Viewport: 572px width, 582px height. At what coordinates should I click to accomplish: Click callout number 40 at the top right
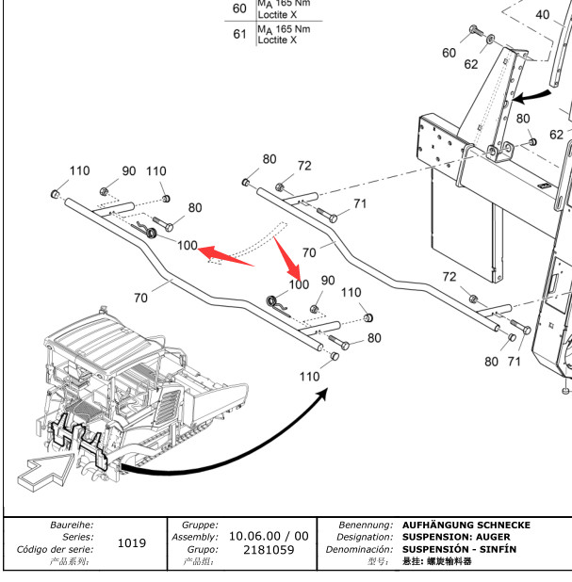pos(543,15)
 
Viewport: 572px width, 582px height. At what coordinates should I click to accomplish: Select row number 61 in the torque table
pos(239,35)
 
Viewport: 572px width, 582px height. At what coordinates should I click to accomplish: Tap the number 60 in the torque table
pos(239,8)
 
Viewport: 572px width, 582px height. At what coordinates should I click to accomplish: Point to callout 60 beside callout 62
pos(449,53)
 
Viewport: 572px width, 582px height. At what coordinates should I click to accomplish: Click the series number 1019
pos(130,543)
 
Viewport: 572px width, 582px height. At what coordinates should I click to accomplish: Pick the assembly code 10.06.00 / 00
pos(269,536)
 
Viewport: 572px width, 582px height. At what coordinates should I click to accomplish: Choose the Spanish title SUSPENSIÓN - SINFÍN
pos(459,549)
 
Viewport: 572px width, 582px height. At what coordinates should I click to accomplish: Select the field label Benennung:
pos(366,525)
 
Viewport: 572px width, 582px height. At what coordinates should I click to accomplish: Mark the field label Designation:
pos(363,537)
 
